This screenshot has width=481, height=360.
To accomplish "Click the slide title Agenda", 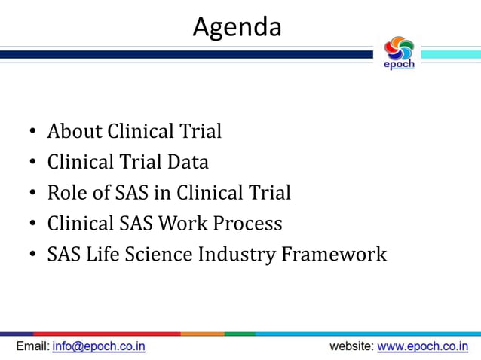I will tap(237, 27).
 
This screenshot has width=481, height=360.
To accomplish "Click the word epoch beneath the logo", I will tap(399, 65).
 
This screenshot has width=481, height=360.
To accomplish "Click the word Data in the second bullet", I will tap(188, 162).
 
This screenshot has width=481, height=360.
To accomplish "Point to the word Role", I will tap(67, 193).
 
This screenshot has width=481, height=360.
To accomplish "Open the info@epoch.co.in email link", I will tap(99, 346).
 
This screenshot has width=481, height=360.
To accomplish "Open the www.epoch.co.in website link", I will tap(422, 346).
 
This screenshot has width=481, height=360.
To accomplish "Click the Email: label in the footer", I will tap(32, 346).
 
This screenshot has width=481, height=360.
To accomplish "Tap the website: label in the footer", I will tap(351, 346).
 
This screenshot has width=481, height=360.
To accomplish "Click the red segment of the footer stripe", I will tap(106, 333).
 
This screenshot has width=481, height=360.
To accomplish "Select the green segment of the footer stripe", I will tap(240, 333).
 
